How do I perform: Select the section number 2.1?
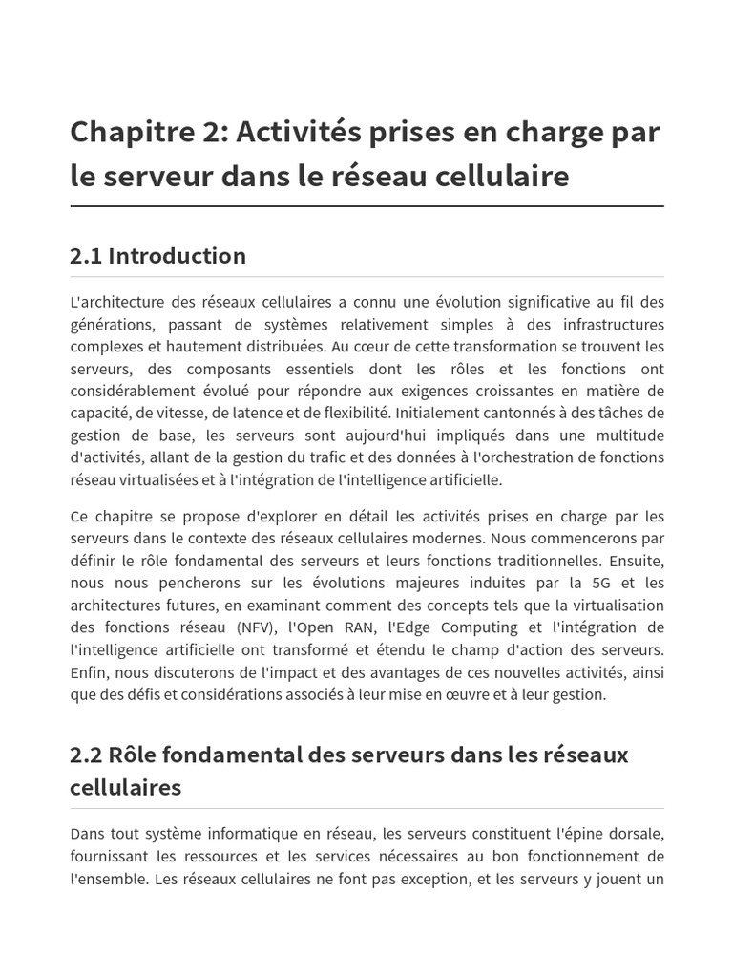[x=86, y=256]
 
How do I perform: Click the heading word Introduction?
[x=178, y=256]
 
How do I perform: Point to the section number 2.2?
[x=87, y=755]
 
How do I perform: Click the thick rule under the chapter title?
[x=366, y=206]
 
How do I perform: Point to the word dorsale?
[x=636, y=834]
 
